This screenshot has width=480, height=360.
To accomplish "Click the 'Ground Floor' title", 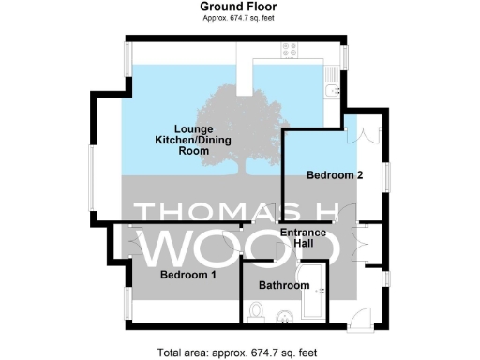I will (241, 7).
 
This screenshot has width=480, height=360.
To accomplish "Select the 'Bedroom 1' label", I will (187, 276).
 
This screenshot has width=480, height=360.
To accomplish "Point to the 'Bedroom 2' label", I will (335, 175).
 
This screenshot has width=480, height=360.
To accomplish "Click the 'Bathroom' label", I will (284, 285).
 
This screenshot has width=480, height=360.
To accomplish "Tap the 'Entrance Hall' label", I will (307, 238).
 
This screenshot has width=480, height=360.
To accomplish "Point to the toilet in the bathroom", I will (258, 310).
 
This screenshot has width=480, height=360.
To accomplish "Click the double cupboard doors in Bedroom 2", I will (361, 133).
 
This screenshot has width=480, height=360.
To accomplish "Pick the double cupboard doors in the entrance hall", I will (357, 242).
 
